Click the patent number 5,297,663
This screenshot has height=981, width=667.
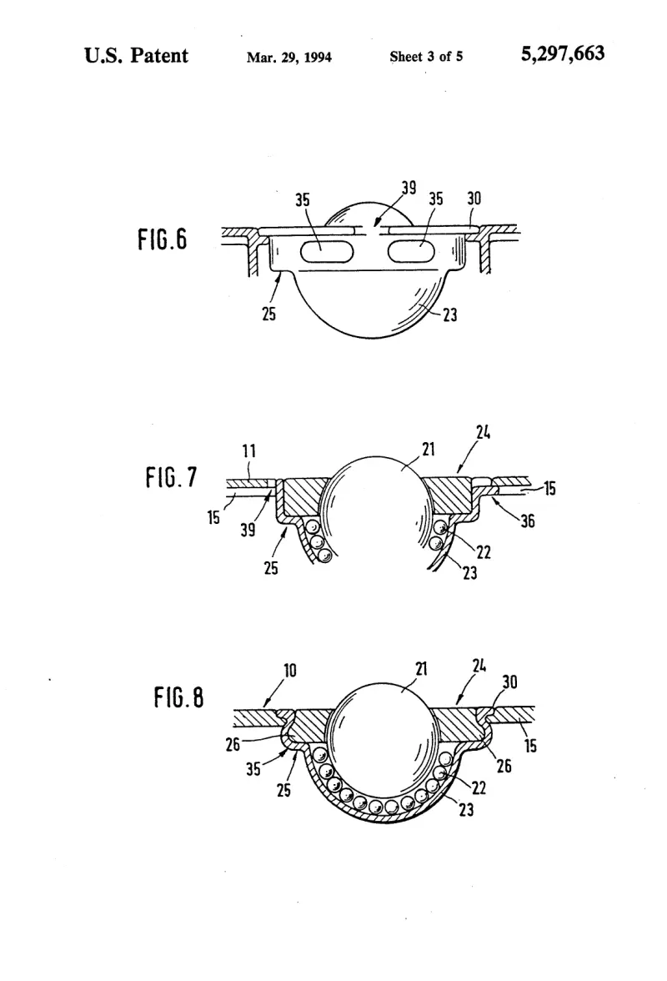563,53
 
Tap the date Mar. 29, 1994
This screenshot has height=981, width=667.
288,58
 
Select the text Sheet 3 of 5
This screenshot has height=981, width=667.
426,57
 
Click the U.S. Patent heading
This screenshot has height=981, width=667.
136,55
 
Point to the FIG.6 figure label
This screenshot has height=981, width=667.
163,239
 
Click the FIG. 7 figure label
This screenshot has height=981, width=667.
171,477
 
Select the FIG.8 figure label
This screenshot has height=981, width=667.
178,697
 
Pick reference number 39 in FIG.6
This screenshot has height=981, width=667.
409,188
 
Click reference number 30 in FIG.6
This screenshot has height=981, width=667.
474,199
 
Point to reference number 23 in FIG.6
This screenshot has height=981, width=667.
450,314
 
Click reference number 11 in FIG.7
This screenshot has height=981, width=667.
248,451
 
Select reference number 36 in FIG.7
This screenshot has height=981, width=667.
528,521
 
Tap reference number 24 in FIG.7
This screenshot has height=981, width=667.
483,432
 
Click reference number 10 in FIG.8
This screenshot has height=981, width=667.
290,671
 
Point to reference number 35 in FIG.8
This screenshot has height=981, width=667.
253,768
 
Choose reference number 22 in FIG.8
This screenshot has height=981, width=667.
479,787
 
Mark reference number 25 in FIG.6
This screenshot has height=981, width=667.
268,314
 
